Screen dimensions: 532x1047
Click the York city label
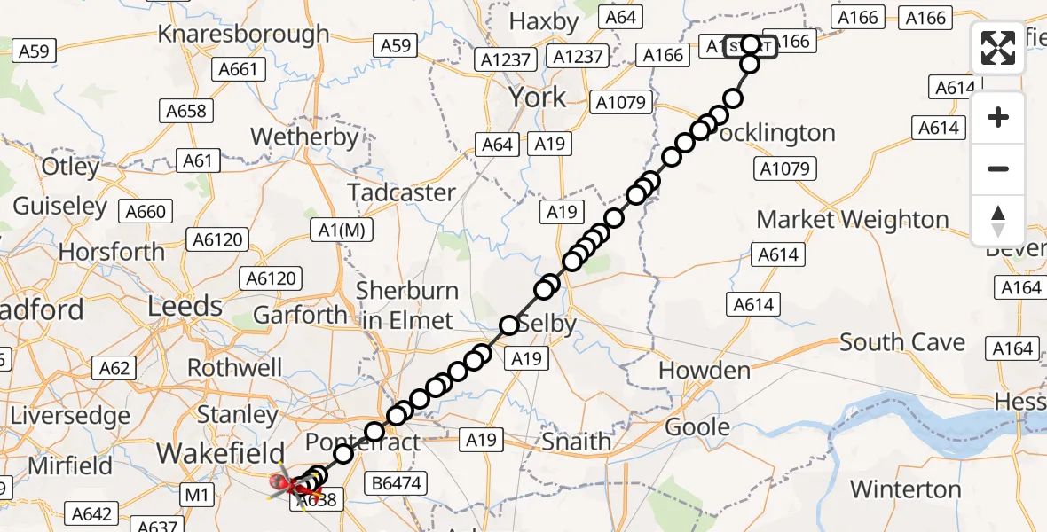click(x=538, y=97)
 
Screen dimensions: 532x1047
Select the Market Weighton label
click(x=853, y=219)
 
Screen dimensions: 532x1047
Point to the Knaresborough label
click(x=243, y=34)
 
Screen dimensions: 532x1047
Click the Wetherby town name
click(x=304, y=137)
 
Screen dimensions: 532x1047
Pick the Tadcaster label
click(x=401, y=192)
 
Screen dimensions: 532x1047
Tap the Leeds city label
click(x=185, y=307)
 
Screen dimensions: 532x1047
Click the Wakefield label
click(x=220, y=452)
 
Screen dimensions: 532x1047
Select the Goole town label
click(x=697, y=426)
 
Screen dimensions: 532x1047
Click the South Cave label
click(x=902, y=342)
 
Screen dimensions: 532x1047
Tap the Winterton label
click(x=905, y=489)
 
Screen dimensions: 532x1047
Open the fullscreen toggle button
click(x=998, y=48)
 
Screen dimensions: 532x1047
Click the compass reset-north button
click(x=998, y=221)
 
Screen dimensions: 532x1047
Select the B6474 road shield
click(x=397, y=483)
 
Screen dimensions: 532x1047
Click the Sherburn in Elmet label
click(x=407, y=305)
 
